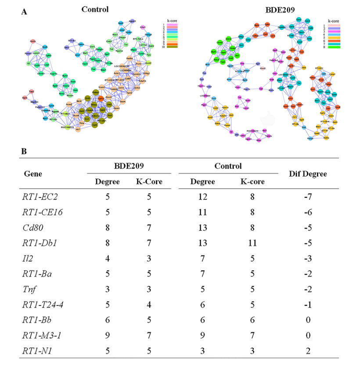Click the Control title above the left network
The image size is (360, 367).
point(95,9)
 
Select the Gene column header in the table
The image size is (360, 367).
point(33,174)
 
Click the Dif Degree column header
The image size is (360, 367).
point(307,174)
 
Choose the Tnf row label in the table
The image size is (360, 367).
point(29,288)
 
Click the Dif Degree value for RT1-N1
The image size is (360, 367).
point(307,350)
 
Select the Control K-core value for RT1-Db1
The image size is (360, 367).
point(252,243)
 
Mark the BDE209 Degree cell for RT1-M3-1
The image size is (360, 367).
point(108,334)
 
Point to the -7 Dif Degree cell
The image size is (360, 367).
point(307,197)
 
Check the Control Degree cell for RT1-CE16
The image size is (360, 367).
point(202,212)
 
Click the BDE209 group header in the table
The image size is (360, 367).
point(126,166)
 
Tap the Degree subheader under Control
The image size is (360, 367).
point(202,182)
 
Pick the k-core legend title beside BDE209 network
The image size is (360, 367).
point(335,21)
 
